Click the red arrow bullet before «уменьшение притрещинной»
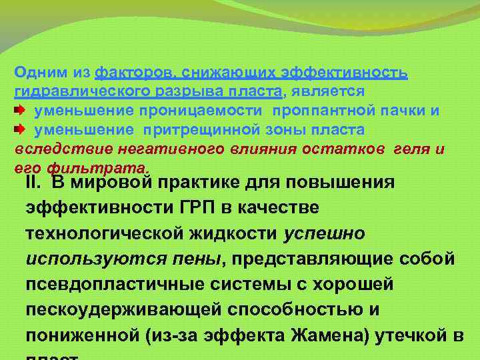point(20,129)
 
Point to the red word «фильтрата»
point(115,167)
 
